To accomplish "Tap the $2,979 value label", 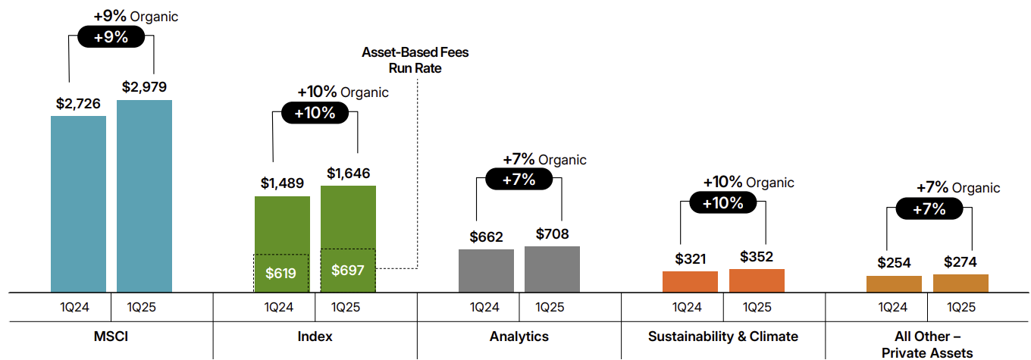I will coord(144,87).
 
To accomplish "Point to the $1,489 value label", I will coord(282,183).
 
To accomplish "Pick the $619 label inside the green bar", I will coord(281,273).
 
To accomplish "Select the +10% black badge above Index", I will coord(315,112).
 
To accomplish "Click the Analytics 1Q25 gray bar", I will coord(552,269).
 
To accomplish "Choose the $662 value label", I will coord(486,236).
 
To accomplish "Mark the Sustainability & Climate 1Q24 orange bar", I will coord(690,281).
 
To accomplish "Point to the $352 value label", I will coord(757,256).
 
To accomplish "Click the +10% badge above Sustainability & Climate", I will coord(722,202).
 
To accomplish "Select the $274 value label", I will coord(960,262).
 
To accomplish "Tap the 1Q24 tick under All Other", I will coord(894,307).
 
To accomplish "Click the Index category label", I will coord(315,336).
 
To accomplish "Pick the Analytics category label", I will coord(519,336).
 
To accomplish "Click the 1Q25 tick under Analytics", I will coord(551,307).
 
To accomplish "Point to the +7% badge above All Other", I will coord(928,208).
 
